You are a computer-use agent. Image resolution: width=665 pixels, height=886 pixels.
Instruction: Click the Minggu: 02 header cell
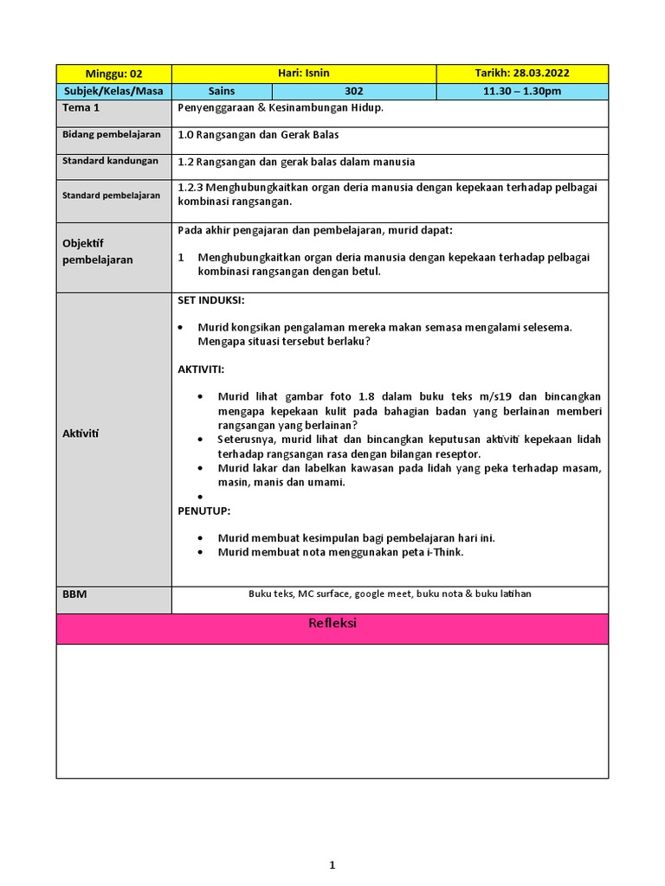point(113,74)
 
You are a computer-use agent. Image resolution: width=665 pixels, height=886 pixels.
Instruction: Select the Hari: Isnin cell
point(304,74)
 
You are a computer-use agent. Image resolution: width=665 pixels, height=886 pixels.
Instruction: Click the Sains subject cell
point(222,91)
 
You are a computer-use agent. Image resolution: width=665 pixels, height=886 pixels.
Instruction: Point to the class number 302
point(354,91)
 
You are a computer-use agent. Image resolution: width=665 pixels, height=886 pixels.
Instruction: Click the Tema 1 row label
point(81,108)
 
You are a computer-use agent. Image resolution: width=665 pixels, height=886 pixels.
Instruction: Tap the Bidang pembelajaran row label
point(112,135)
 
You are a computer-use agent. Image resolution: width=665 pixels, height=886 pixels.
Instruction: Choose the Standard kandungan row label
point(110,161)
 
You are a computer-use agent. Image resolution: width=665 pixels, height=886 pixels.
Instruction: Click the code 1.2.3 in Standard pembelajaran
point(190,187)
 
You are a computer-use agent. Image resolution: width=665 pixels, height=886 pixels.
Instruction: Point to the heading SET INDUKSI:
point(211,300)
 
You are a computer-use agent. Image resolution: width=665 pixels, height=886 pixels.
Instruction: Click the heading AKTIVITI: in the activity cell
point(201,369)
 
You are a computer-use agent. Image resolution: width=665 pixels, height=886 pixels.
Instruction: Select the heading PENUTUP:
point(204,511)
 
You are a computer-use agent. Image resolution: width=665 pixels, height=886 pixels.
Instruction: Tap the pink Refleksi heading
point(332,624)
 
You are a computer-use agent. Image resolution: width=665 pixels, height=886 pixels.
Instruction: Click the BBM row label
point(74,594)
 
